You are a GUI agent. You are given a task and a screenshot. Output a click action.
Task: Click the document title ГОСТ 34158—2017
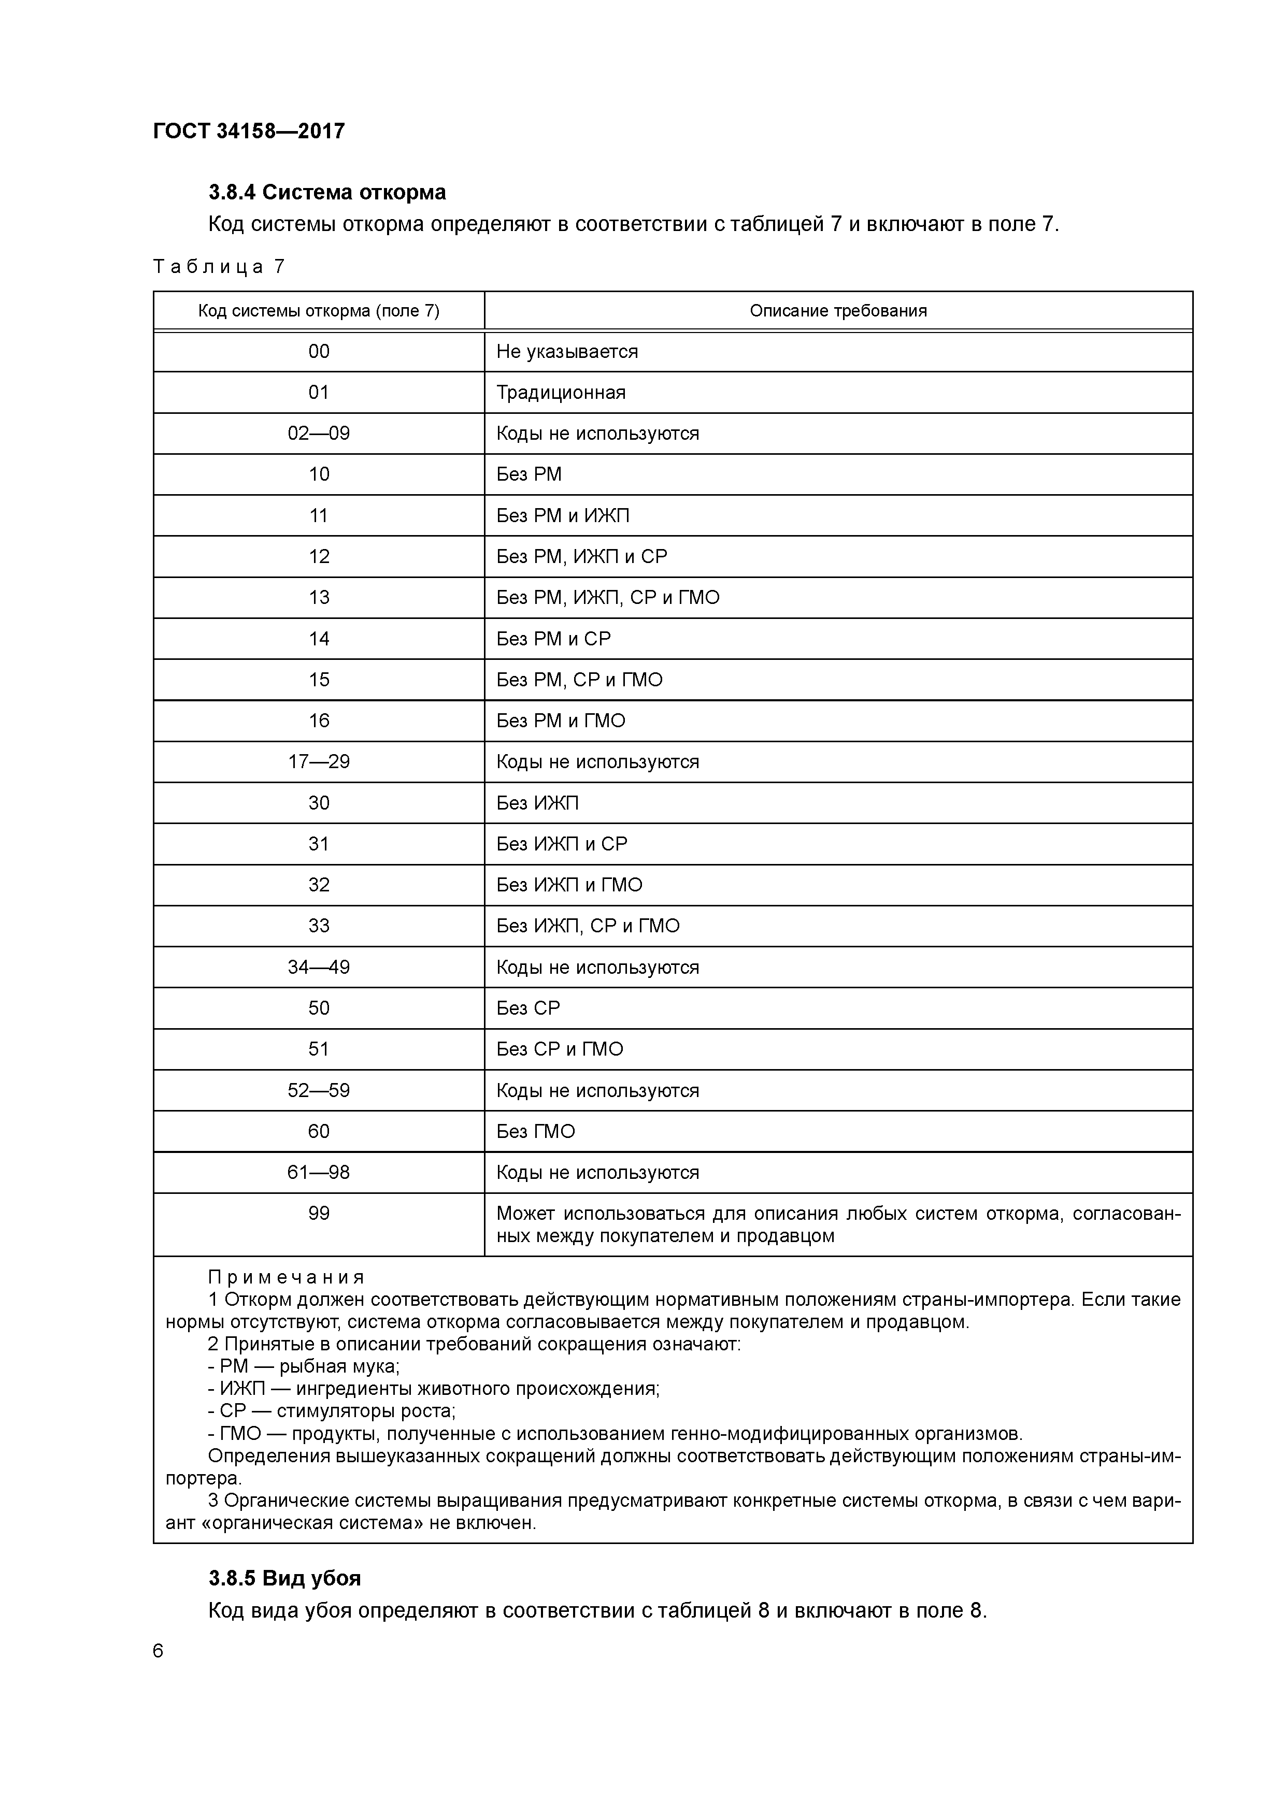click(249, 131)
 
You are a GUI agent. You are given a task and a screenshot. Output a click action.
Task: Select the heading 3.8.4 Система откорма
click(327, 192)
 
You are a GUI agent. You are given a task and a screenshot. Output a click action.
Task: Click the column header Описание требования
click(838, 311)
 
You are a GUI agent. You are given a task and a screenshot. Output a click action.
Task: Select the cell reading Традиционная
click(561, 393)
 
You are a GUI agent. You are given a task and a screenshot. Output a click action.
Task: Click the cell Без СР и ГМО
click(559, 1049)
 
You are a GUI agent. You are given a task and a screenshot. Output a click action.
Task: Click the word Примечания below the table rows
click(286, 1277)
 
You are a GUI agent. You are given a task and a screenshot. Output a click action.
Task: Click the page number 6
click(159, 1651)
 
